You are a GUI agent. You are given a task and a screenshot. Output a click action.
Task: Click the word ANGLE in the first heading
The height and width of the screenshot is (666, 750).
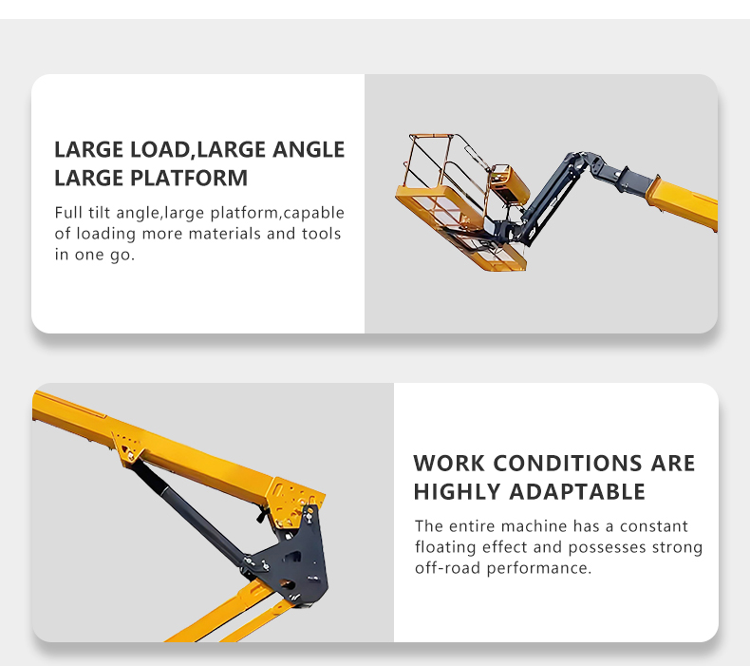309,149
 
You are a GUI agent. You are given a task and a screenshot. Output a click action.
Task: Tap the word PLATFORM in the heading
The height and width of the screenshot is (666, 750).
189,178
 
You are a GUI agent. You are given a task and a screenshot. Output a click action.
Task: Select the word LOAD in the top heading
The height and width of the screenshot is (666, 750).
160,149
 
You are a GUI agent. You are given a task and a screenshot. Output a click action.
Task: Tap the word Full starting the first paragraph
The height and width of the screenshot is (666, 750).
68,213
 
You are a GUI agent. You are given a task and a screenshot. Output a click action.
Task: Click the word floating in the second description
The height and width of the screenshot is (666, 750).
445,547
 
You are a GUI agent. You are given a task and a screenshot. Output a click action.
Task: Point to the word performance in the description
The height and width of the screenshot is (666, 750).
539,568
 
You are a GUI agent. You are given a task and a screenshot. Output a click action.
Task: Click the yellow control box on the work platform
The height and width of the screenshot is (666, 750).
509,182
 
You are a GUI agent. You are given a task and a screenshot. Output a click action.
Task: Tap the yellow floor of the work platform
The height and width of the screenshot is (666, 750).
460,227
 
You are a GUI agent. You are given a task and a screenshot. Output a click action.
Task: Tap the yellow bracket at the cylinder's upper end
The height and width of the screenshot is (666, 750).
127,448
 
